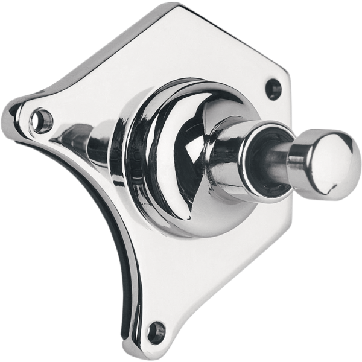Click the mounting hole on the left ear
(41, 120)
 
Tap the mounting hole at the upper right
(274, 89)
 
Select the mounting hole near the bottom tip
(156, 331)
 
